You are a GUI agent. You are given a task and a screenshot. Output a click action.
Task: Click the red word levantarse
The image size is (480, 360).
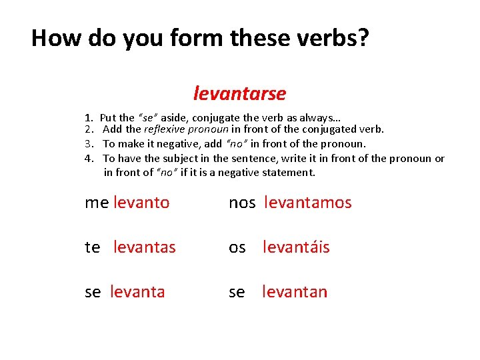tap(239, 93)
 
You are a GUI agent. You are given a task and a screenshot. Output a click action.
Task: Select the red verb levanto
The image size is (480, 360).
tap(141, 203)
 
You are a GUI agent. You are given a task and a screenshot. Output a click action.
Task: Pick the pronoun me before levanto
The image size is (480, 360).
tap(97, 203)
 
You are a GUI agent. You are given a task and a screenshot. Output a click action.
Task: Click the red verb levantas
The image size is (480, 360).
tap(145, 247)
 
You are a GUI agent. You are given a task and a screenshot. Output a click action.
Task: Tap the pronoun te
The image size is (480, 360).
tap(93, 247)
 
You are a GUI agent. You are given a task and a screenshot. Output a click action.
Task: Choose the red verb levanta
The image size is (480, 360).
tap(137, 292)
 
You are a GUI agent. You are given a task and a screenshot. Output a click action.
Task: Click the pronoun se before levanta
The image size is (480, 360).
tap(93, 292)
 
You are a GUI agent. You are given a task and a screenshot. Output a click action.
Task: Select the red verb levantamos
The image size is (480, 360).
tap(307, 203)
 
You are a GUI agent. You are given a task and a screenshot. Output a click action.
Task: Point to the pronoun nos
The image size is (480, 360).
tap(242, 203)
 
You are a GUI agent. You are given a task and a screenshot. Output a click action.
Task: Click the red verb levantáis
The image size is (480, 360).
tap(296, 247)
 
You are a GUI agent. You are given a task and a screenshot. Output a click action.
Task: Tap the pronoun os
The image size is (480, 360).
tap(237, 247)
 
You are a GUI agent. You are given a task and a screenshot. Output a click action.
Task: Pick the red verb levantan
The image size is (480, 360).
tap(295, 292)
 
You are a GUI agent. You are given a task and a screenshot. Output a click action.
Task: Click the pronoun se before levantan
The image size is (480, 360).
tap(237, 292)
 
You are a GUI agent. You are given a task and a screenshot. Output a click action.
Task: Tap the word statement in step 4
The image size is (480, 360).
tap(289, 172)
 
